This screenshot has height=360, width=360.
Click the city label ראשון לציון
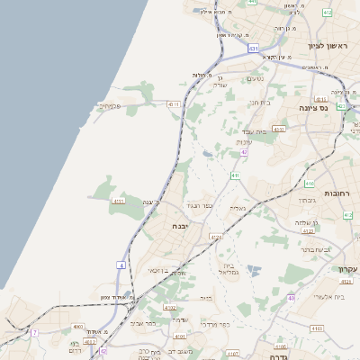point(327,46)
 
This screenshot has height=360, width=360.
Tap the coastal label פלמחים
point(110,105)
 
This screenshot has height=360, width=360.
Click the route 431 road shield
point(255,48)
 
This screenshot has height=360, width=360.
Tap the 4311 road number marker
point(174,104)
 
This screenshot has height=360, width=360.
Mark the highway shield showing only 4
point(120,265)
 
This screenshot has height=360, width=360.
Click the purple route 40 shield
point(291,298)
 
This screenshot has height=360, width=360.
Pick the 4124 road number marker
point(215,237)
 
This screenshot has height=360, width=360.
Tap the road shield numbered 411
point(235,175)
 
